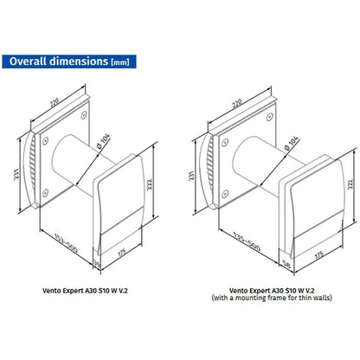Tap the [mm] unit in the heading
[x=120, y=62]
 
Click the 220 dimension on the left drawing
[x=55, y=103]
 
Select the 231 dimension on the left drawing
[x=16, y=174]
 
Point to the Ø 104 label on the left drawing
[x=104, y=141]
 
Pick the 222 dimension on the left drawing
[x=149, y=184]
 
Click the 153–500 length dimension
[x=66, y=243]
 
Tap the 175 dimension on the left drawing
[x=122, y=252]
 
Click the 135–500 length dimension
[x=247, y=241]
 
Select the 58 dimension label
[x=287, y=264]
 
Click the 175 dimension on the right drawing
[x=319, y=255]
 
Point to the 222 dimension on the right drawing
[x=350, y=184]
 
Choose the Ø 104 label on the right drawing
[x=292, y=143]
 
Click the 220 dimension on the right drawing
[x=237, y=104]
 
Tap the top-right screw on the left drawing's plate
[x=84, y=115]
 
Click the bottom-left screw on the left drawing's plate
[x=45, y=193]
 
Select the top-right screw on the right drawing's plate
[x=270, y=117]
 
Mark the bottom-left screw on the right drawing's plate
[x=225, y=194]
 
